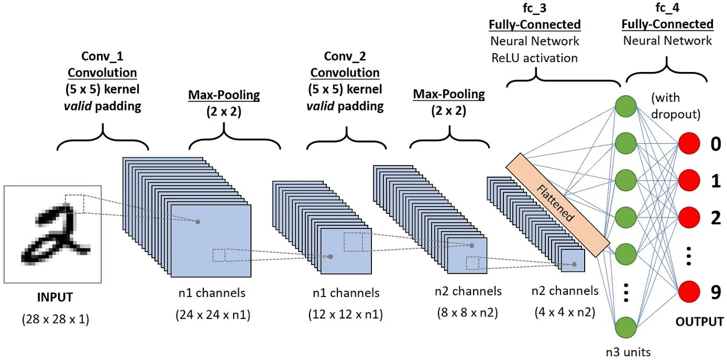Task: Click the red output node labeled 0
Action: pyautogui.click(x=689, y=143)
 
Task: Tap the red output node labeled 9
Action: pyautogui.click(x=689, y=292)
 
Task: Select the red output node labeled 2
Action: pyautogui.click(x=689, y=217)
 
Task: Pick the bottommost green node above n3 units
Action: pyautogui.click(x=626, y=327)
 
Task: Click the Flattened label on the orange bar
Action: pyautogui.click(x=555, y=203)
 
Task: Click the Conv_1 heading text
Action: pyautogui.click(x=102, y=56)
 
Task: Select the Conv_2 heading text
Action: pyautogui.click(x=345, y=56)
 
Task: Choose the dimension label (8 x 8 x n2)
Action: pyautogui.click(x=467, y=312)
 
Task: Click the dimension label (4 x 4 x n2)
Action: pyautogui.click(x=565, y=312)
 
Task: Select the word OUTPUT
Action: pyautogui.click(x=699, y=322)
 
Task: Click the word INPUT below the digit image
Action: pyautogui.click(x=55, y=297)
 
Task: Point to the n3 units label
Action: pyautogui.click(x=628, y=352)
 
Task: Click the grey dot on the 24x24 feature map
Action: pyautogui.click(x=198, y=222)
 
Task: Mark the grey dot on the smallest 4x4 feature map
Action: pyautogui.click(x=574, y=264)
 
